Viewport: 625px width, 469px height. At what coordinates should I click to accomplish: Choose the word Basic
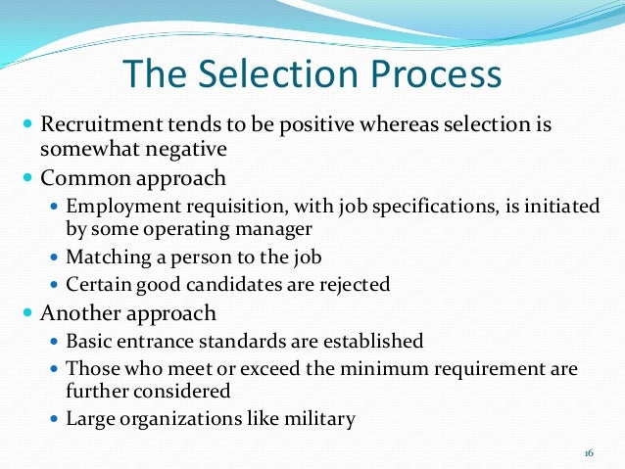point(88,342)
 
